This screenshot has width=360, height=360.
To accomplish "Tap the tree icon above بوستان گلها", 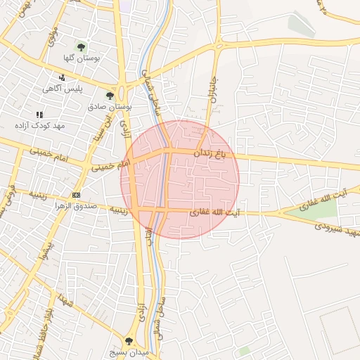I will click(82, 47).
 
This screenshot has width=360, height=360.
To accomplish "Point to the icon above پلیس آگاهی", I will click(63, 77).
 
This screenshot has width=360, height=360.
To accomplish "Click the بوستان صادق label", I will click(110, 107).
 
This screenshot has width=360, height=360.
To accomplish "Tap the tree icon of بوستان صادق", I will click(109, 95).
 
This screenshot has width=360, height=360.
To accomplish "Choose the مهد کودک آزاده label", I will click(39, 125).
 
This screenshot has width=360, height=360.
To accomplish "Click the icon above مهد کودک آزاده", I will click(39, 114).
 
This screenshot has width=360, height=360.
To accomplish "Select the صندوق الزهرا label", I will click(75, 207).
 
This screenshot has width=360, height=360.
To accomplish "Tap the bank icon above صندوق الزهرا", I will click(76, 195).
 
